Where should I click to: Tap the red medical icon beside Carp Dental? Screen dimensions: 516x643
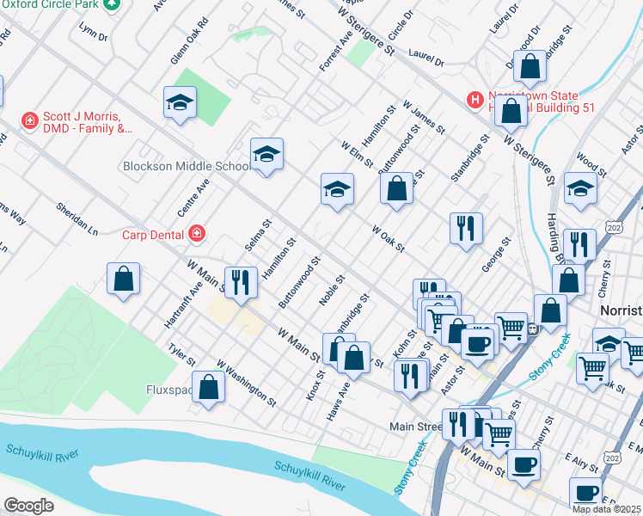pos(197,233)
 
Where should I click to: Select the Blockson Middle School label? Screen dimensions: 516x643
pos(186,166)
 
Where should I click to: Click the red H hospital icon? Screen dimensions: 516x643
pos(474,101)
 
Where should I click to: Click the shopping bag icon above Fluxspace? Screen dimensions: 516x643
pos(209,387)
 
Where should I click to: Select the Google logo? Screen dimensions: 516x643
pos(28,506)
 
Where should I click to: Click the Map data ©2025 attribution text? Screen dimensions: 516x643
pos(606,509)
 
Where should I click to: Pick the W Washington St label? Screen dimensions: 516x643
pos(247,384)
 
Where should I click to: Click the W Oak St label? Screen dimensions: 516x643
pos(388,238)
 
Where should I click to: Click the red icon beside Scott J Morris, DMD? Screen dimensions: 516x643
pos(29,120)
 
